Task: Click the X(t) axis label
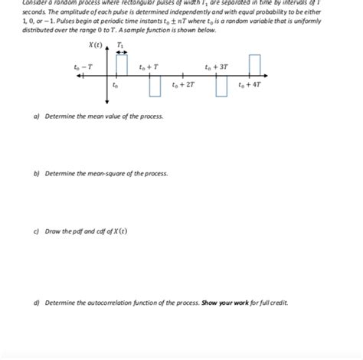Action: pyautogui.click(x=95, y=46)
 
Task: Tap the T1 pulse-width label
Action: pyautogui.click(x=120, y=45)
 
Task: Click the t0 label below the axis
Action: pyautogui.click(x=115, y=86)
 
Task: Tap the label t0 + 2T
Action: pyautogui.click(x=184, y=84)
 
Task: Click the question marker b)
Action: pyautogui.click(x=37, y=174)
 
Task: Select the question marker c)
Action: pyautogui.click(x=37, y=231)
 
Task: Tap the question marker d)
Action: pyautogui.click(x=37, y=303)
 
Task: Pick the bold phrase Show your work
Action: pyautogui.click(x=222, y=303)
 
